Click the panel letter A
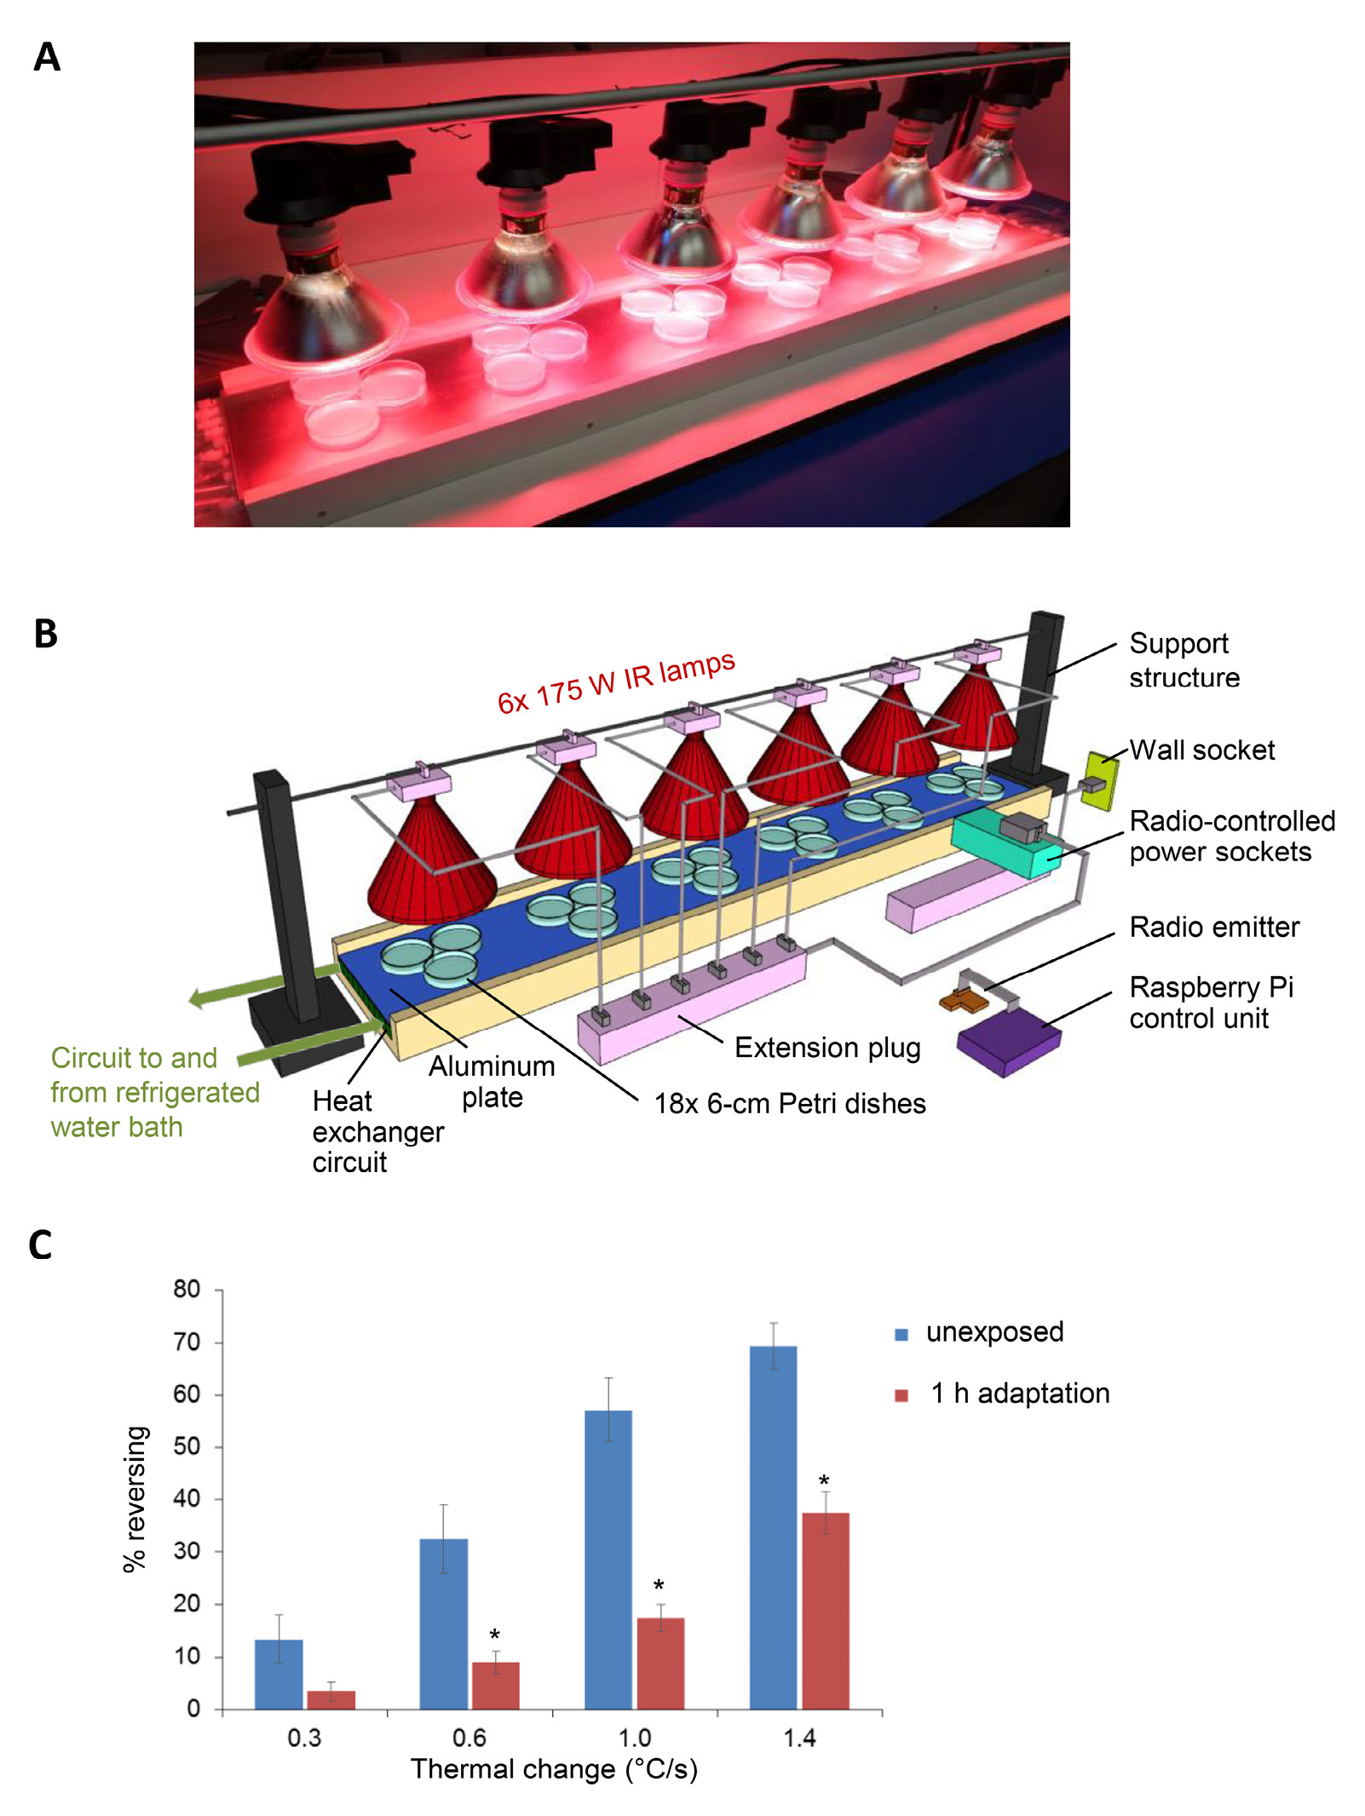coord(47,57)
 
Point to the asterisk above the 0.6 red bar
coord(494,1635)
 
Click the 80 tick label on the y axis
coord(187,1289)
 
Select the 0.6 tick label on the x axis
coord(469,1738)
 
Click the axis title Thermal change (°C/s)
coord(554,1770)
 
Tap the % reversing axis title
coord(135,1498)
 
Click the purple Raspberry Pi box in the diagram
coord(1008,1043)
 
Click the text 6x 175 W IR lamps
coord(615,681)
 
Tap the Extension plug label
coord(827,1048)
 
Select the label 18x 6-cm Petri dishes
coord(789,1104)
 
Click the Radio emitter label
coord(1213,927)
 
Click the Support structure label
coord(1184,660)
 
